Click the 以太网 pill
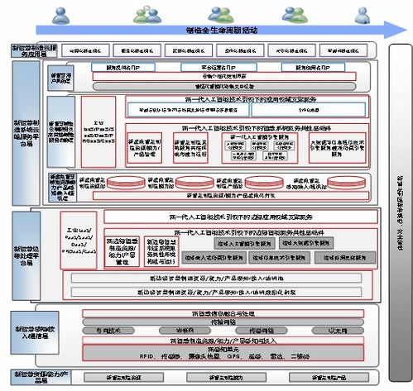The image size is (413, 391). click(335, 331)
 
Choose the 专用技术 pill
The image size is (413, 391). click(108, 331)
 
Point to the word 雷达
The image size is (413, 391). click(291, 356)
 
